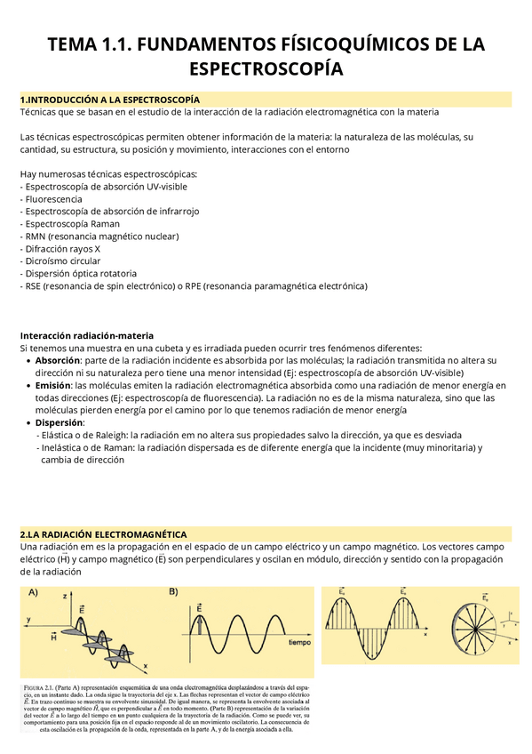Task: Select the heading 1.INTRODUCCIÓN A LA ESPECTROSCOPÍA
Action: [110, 100]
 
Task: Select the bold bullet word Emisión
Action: [53, 385]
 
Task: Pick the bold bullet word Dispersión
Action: [60, 423]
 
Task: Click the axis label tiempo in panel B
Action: [299, 641]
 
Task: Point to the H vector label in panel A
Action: [54, 637]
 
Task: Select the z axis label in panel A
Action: [65, 599]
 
